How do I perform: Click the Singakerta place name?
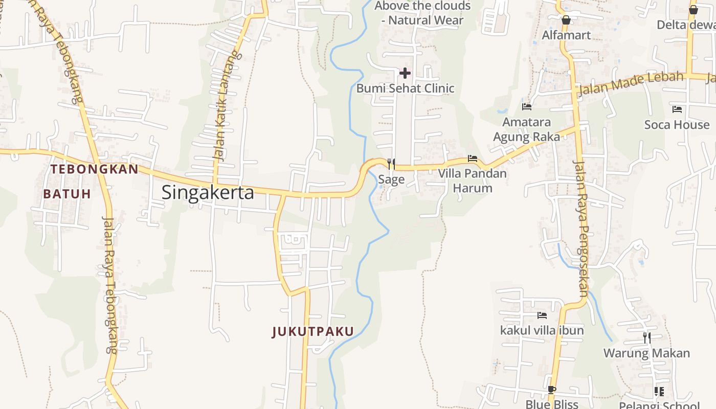tap(208, 193)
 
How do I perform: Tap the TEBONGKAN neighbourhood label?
tap(95, 169)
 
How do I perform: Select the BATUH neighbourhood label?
tap(67, 194)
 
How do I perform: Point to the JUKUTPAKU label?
tap(313, 331)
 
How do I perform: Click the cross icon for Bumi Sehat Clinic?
tap(405, 73)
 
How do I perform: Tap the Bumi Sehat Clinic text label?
tap(405, 88)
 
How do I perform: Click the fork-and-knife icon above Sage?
tap(391, 164)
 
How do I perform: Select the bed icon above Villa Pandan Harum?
tap(473, 158)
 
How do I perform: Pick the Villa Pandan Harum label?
tap(473, 180)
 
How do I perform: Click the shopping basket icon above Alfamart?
tap(566, 20)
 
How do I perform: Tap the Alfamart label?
tap(566, 35)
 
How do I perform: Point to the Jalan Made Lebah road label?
tap(631, 84)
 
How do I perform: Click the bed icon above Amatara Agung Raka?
tap(527, 106)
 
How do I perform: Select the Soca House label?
tap(677, 125)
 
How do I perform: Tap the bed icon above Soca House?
tap(677, 109)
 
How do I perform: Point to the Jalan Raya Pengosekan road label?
tap(581, 228)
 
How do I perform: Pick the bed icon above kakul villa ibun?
tap(542, 315)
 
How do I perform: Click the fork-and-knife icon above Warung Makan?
tap(647, 337)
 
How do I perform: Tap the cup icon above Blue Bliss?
tap(551, 390)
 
